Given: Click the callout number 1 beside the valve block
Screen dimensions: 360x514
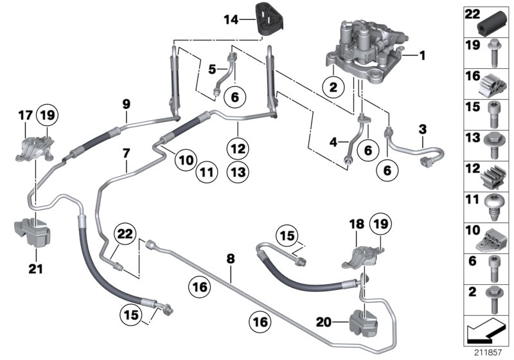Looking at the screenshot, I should pyautogui.click(x=422, y=56).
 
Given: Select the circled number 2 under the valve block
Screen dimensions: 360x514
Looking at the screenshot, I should pyautogui.click(x=333, y=87).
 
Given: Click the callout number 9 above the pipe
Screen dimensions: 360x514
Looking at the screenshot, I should pyautogui.click(x=126, y=103).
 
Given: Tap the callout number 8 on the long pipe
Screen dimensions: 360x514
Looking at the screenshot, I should pyautogui.click(x=231, y=259).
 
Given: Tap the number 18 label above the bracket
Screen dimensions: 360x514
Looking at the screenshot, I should pyautogui.click(x=357, y=224).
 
